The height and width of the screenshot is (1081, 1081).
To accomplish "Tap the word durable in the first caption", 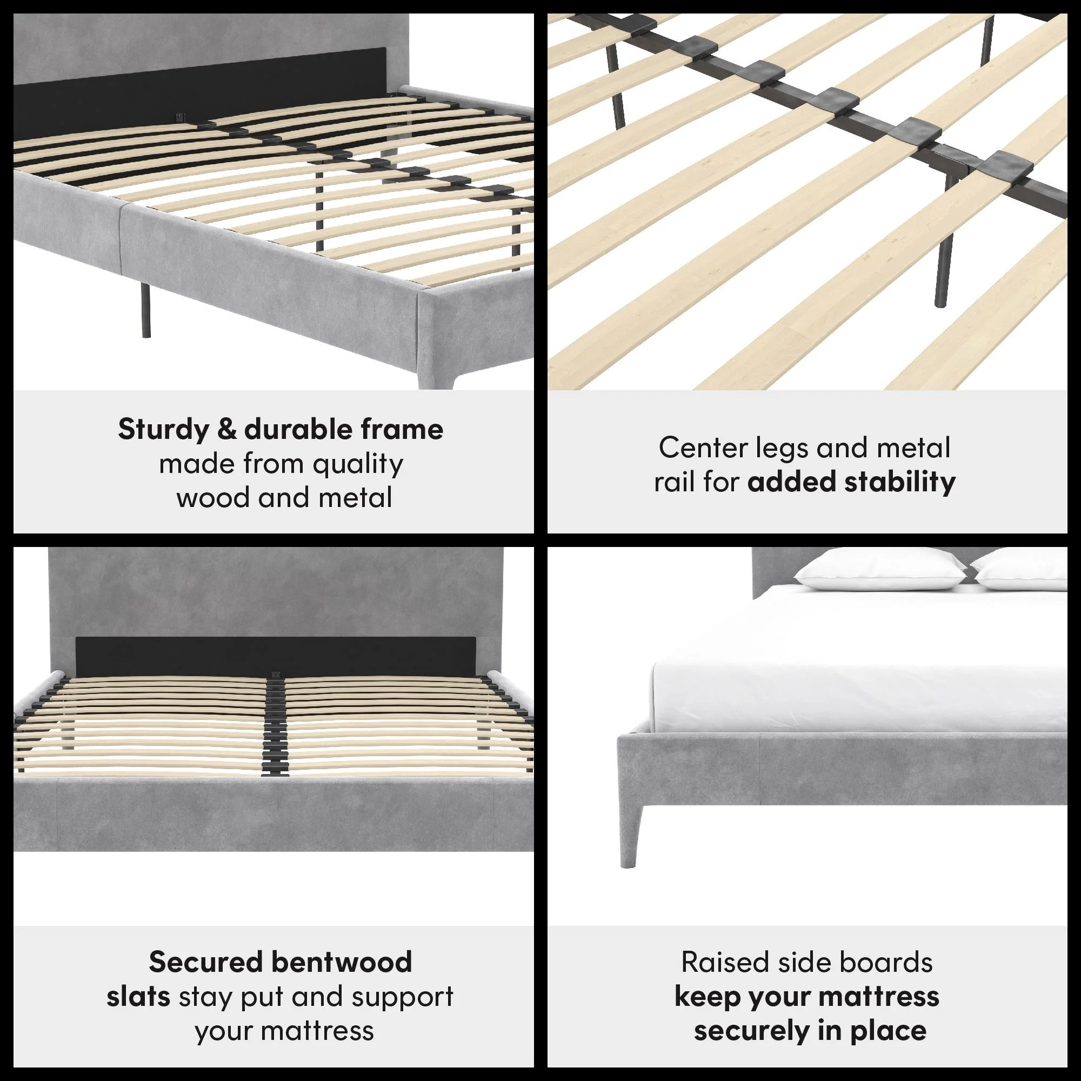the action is pos(299,429).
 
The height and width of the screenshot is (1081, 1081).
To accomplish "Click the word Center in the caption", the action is pos(703,448).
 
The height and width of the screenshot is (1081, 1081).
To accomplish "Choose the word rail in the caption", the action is pos(674,482).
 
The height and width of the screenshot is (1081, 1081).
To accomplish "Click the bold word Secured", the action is pos(205,963).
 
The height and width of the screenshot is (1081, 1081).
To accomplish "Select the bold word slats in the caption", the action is pos(138,997).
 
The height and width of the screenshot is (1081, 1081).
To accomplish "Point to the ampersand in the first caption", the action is pos(226,430).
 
